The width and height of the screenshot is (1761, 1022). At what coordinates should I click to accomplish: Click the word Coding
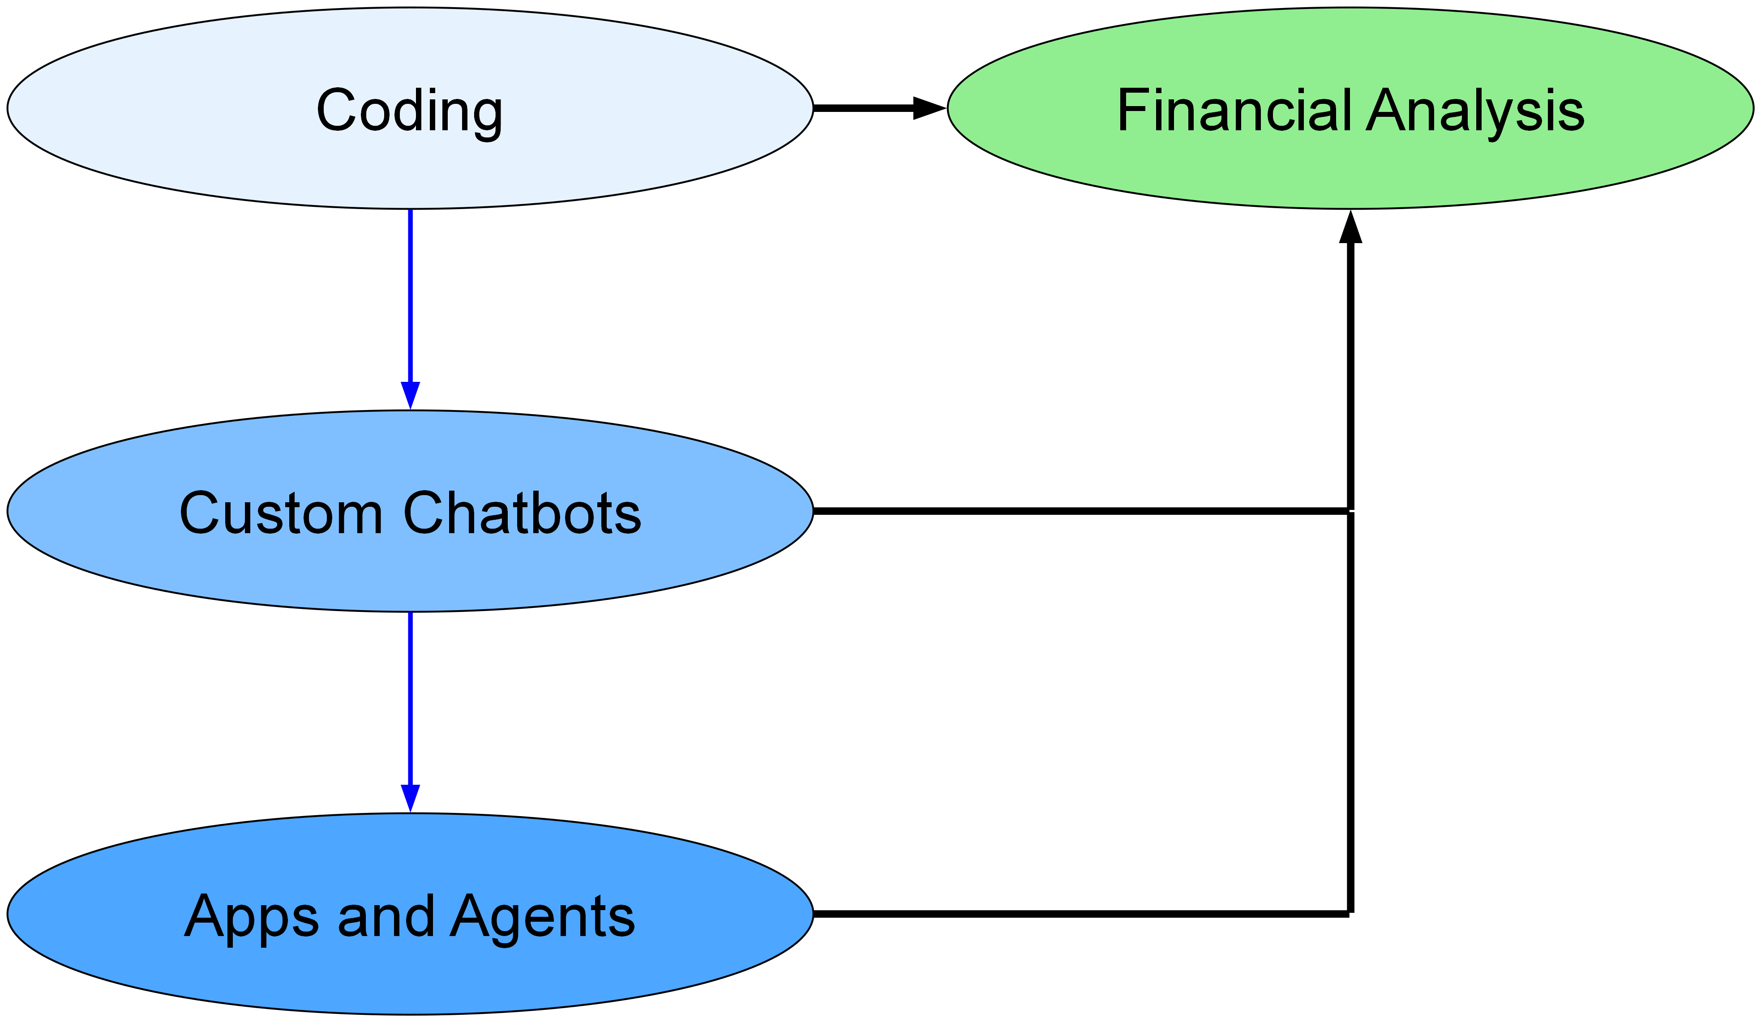click(410, 111)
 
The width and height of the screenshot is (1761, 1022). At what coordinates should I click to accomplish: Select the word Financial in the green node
click(1234, 111)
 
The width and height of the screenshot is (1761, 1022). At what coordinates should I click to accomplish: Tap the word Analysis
click(1475, 111)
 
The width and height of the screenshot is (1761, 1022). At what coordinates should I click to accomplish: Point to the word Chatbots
click(522, 513)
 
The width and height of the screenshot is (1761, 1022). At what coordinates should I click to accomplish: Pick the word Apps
click(252, 916)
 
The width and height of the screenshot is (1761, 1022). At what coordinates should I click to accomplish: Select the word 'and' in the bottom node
click(386, 916)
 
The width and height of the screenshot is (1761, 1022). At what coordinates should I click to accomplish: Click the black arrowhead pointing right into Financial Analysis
click(930, 108)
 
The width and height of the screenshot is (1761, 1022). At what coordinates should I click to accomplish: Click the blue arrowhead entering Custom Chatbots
click(410, 395)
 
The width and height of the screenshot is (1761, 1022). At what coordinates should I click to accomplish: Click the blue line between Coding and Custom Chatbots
click(410, 293)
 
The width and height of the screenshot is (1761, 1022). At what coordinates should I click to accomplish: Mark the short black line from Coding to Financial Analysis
click(863, 108)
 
